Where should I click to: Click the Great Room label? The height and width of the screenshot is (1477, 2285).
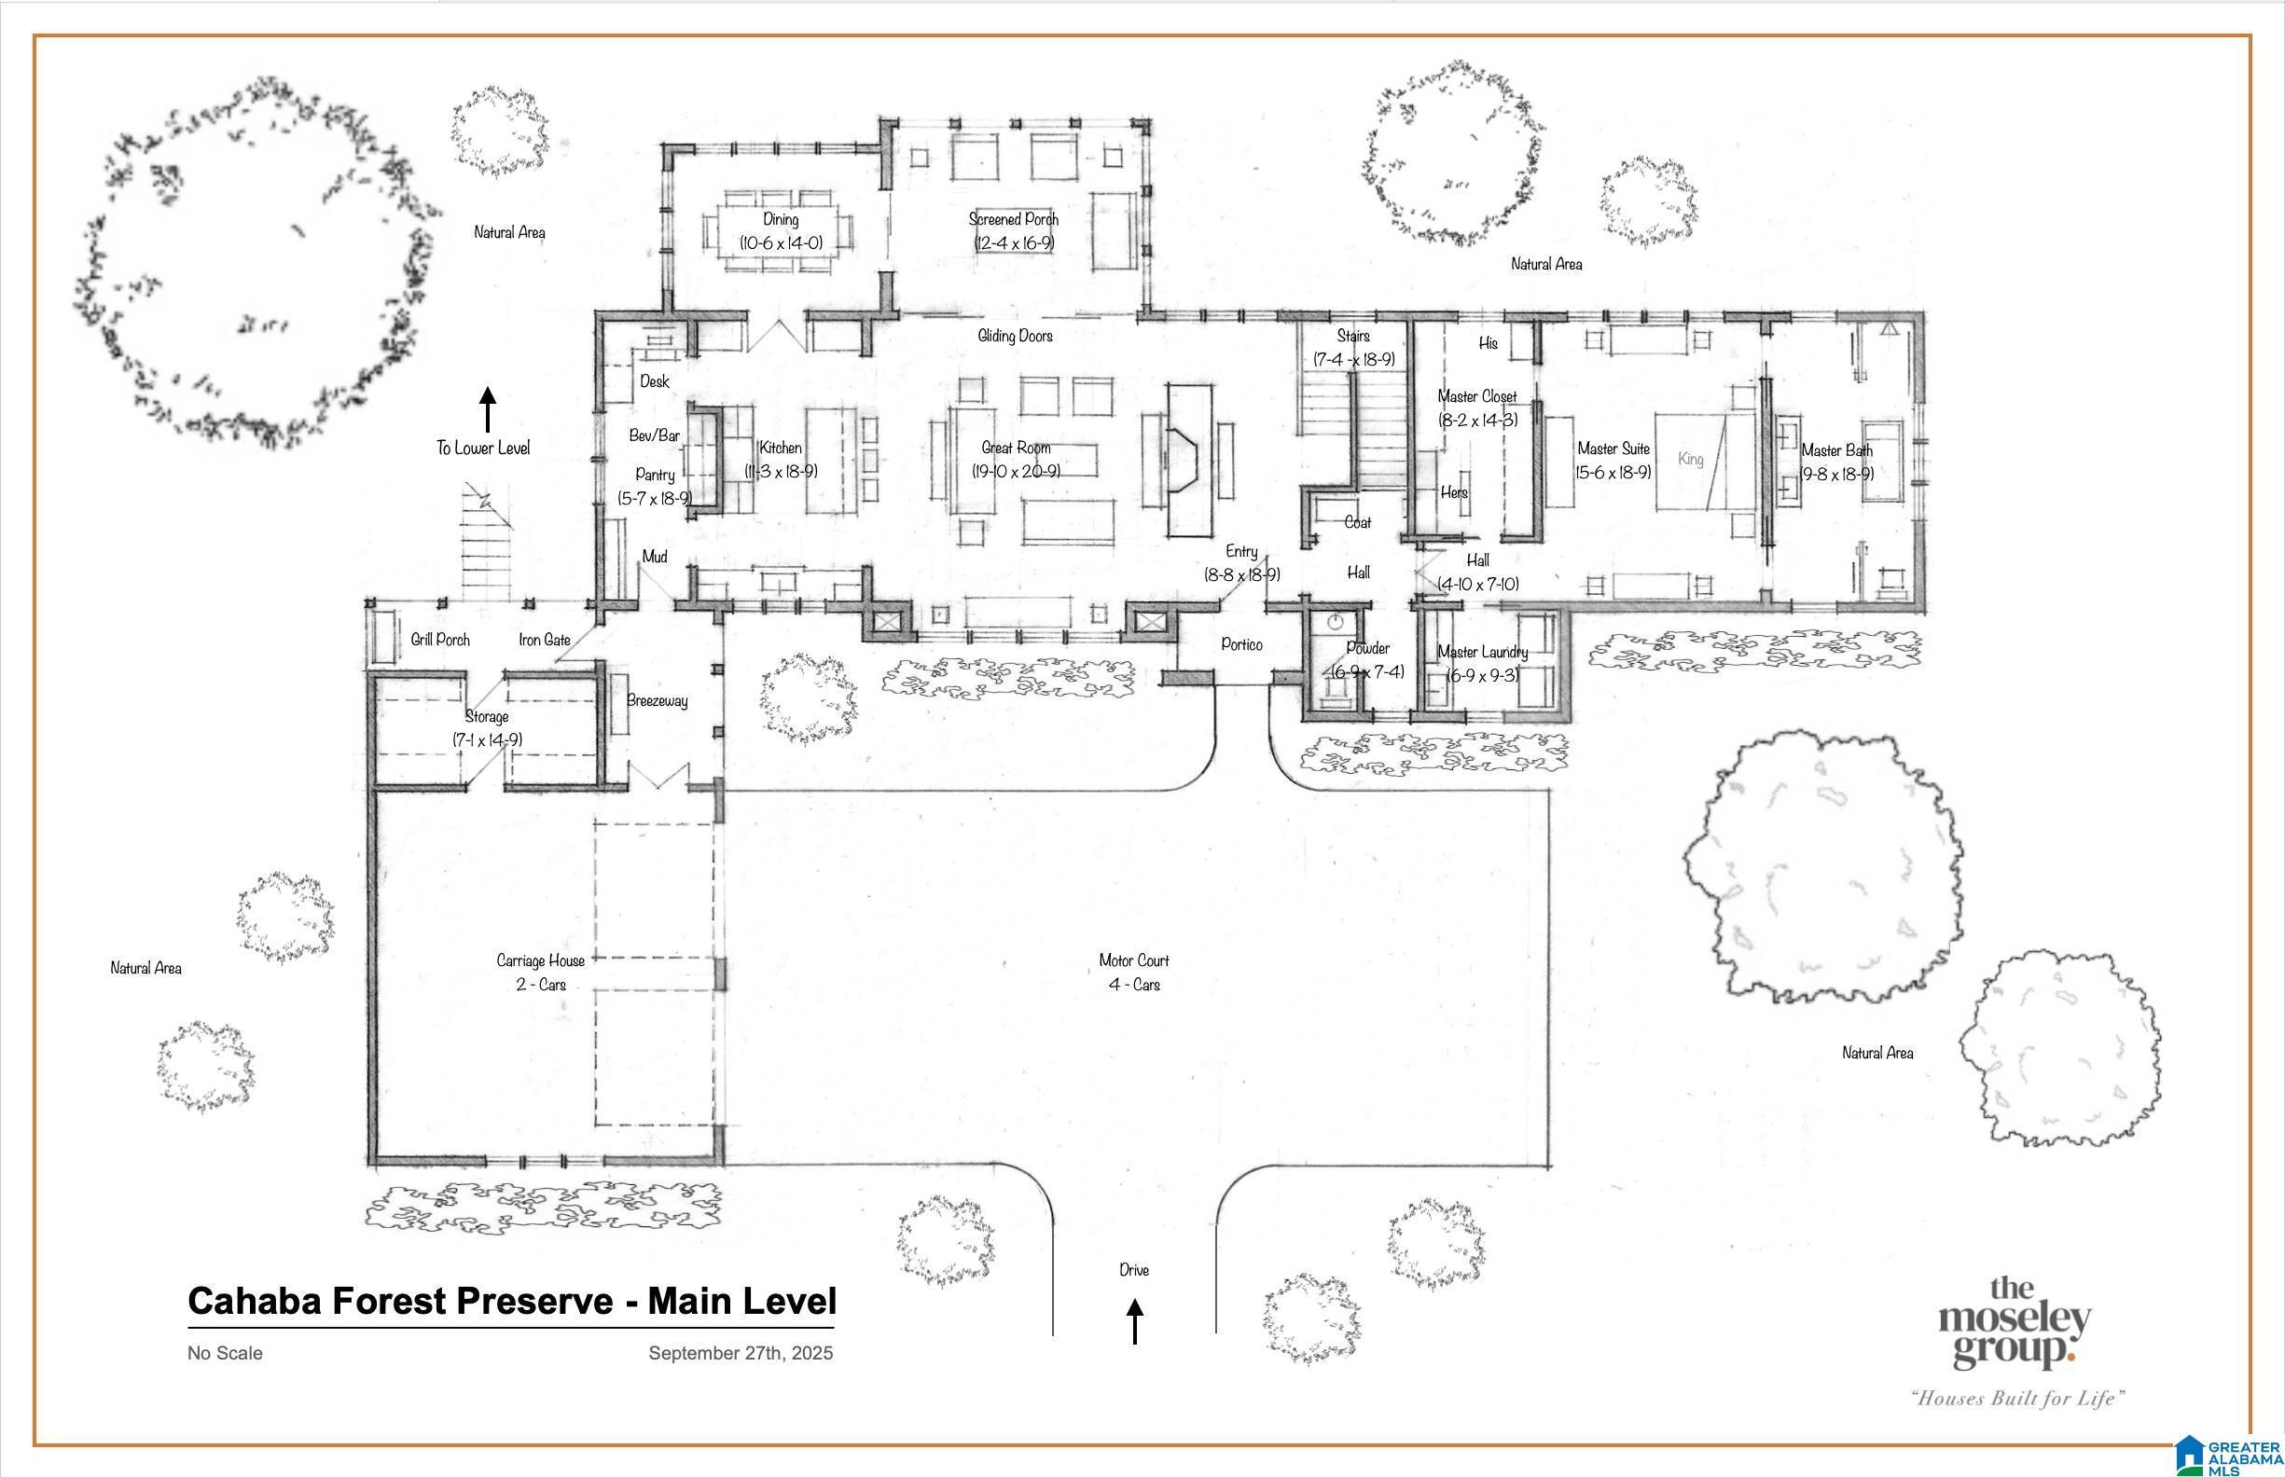click(1016, 448)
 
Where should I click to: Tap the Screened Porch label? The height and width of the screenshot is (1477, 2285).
click(1014, 220)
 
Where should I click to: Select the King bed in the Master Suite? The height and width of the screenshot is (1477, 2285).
click(1706, 461)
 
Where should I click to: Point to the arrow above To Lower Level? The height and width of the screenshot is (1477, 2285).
click(488, 409)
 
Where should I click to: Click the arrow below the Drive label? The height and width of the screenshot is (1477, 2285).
click(1135, 1321)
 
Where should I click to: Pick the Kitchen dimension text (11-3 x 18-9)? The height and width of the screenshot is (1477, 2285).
click(781, 472)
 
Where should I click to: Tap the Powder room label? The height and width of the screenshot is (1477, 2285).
click(1368, 648)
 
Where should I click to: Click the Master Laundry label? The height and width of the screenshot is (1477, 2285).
click(1482, 652)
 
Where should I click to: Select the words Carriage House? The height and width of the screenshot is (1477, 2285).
click(540, 960)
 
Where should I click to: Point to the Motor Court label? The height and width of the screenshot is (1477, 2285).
click(1134, 960)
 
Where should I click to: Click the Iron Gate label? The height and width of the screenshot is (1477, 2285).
click(545, 640)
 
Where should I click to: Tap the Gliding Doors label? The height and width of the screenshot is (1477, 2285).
click(1015, 336)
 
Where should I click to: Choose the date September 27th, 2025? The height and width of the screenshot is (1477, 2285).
click(741, 1353)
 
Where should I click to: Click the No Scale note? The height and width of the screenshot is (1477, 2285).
click(226, 1353)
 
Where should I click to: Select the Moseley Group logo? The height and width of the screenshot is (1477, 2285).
click(2015, 1323)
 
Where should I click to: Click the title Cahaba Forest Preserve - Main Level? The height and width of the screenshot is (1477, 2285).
click(512, 1302)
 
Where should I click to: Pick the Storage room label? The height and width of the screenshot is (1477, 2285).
click(488, 716)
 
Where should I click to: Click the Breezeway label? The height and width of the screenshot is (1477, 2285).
click(658, 701)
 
